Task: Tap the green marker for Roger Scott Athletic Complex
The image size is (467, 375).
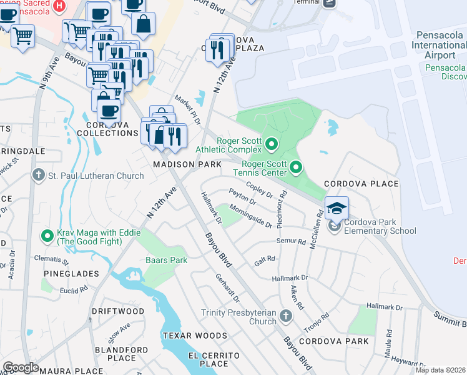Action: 271,145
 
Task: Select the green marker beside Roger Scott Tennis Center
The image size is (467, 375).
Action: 296,167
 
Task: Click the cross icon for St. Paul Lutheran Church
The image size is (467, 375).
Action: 39,176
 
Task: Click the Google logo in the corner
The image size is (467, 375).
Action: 21,367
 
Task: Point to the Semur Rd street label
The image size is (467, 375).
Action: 292,241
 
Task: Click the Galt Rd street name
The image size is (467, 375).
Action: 265,260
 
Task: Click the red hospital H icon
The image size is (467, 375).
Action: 59,6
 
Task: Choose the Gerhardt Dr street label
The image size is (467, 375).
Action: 227,287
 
